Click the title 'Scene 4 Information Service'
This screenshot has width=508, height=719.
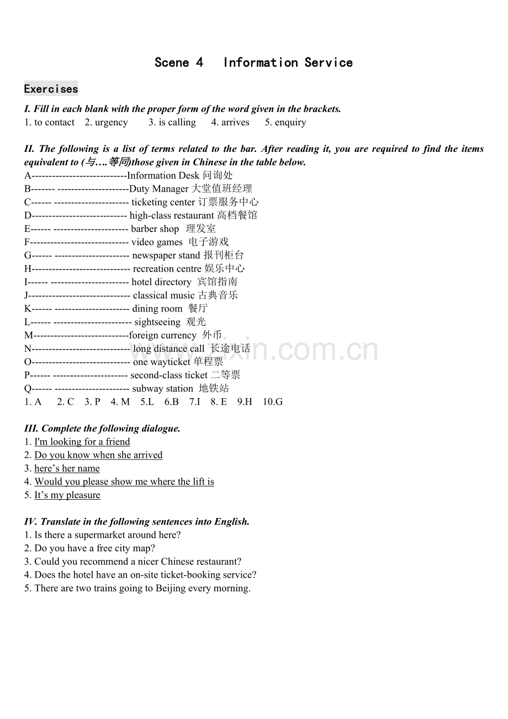tap(253, 62)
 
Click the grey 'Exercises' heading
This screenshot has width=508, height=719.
tap(51, 89)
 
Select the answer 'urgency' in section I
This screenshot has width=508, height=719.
tap(111, 123)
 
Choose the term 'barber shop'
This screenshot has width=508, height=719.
tap(155, 229)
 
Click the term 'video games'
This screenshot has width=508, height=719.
tap(156, 242)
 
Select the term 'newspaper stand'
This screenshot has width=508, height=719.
tap(166, 255)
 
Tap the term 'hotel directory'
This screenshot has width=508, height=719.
tap(161, 282)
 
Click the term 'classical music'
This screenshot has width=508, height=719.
tap(163, 295)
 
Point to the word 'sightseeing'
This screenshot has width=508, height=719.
tap(157, 322)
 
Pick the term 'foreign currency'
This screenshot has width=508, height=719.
tap(162, 335)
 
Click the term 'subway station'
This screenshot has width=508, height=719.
tap(162, 389)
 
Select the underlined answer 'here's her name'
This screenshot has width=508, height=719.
tap(67, 468)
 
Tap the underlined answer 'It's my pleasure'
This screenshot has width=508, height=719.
tap(67, 495)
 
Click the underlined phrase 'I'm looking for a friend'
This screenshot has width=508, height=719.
tap(82, 442)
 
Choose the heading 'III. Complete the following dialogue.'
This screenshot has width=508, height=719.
tap(102, 429)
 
